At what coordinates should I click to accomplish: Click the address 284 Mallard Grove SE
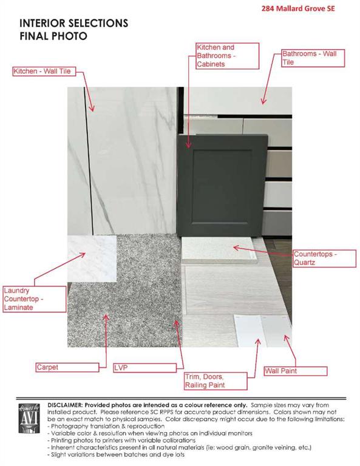click(x=298, y=8)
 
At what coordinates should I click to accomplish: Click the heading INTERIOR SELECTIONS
click(x=74, y=23)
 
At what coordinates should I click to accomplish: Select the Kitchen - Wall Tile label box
click(x=44, y=72)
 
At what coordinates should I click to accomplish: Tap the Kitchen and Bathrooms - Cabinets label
click(x=228, y=56)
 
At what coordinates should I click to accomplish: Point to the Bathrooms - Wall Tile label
click(x=313, y=58)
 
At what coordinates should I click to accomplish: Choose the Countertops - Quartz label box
click(x=324, y=258)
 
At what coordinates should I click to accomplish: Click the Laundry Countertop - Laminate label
click(x=35, y=299)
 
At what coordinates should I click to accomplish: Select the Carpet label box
click(x=67, y=367)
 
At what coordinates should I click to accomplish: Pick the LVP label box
click(x=144, y=368)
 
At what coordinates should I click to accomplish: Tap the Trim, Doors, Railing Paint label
click(x=216, y=381)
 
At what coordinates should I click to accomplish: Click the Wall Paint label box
click(x=296, y=371)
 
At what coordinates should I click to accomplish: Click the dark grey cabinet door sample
click(x=222, y=185)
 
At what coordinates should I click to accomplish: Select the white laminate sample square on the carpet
click(x=92, y=258)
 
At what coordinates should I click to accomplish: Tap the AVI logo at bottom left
click(x=29, y=419)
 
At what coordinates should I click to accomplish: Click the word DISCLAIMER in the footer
click(x=64, y=405)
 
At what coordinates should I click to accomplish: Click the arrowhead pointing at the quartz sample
click(x=236, y=248)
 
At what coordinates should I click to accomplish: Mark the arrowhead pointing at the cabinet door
click(x=188, y=146)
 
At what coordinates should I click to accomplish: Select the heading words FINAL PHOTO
click(x=53, y=36)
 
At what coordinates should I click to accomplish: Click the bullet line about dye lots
click(x=116, y=454)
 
